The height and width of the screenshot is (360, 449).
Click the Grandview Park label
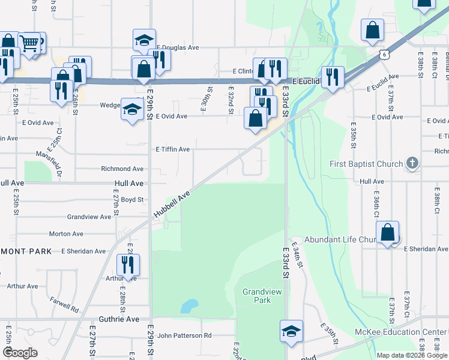tap(257, 295)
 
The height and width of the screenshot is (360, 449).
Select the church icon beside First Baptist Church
tap(412, 163)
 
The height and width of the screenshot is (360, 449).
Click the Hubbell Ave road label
tap(172, 205)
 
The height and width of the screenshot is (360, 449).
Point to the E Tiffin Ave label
tap(173, 149)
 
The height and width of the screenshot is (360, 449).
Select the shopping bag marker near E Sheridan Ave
tap(388, 232)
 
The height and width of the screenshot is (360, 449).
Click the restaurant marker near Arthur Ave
tap(127, 265)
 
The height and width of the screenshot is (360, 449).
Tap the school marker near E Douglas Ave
tap(144, 40)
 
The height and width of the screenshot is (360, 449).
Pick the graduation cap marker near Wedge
tap(132, 109)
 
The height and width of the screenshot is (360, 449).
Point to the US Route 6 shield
tap(383, 55)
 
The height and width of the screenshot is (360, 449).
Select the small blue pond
tap(189, 306)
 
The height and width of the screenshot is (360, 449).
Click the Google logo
tap(20, 353)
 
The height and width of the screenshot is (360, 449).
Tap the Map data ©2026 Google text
tap(411, 355)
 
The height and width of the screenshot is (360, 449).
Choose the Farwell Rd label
tap(64, 305)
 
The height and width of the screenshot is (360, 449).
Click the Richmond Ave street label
tap(122, 169)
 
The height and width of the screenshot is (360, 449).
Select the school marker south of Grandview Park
tap(291, 331)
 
